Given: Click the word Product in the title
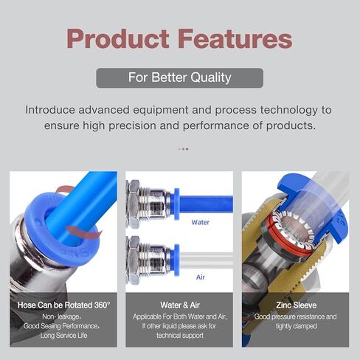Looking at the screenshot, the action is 118,39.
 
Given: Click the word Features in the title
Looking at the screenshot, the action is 235,39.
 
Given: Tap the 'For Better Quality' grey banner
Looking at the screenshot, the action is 180,77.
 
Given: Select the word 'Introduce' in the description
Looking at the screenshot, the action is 50,110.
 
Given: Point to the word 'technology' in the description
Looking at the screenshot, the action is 289,110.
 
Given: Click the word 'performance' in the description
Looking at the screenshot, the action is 216,126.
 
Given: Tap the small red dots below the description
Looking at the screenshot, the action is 184,149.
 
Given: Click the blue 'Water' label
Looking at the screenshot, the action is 201,222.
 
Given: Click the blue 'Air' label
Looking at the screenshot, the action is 201,277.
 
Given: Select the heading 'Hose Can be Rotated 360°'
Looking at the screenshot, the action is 63,305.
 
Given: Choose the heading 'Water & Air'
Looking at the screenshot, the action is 180,305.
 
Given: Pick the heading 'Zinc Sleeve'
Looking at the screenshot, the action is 296,305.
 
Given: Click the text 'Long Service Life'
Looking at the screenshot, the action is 63,336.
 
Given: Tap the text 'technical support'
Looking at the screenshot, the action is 180,336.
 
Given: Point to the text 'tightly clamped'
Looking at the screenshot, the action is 296,326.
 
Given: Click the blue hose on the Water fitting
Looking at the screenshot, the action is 206,204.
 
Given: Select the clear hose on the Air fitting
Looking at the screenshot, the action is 206,260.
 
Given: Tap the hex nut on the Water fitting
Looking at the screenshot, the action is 133,204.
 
